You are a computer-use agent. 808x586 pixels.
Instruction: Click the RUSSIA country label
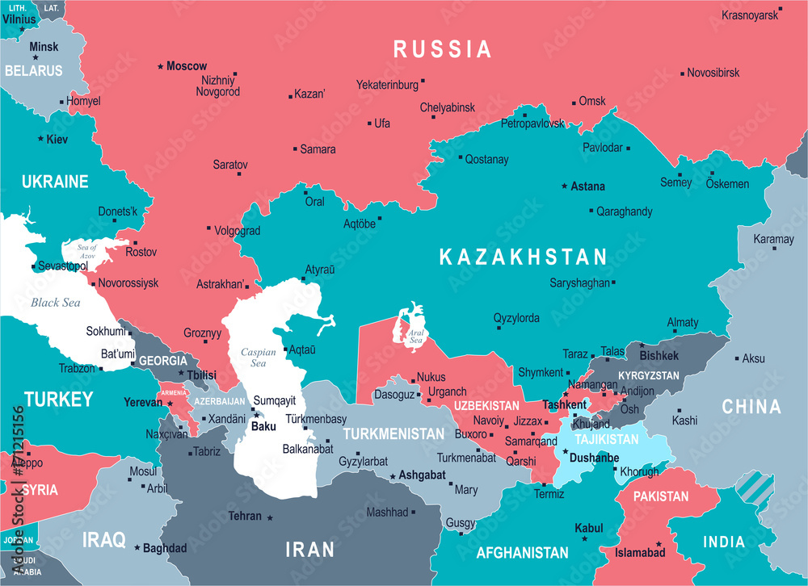click(442, 49)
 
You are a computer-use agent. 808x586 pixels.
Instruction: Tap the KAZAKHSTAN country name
click(523, 257)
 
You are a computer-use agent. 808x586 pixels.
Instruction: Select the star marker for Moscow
click(161, 65)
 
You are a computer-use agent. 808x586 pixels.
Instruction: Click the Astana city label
click(587, 186)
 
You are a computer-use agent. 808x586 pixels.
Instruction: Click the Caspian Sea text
click(259, 358)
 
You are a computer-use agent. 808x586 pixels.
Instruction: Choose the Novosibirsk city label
click(713, 73)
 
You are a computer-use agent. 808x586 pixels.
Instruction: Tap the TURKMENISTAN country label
click(393, 434)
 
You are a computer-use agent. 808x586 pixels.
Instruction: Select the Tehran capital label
click(245, 516)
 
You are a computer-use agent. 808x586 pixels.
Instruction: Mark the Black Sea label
click(56, 303)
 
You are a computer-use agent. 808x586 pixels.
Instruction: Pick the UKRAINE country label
click(55, 182)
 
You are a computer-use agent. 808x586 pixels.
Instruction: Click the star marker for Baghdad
click(137, 547)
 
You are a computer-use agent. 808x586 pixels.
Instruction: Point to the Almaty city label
click(683, 323)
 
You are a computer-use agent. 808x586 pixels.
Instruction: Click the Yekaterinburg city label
click(387, 84)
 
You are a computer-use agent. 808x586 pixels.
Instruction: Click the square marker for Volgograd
click(208, 228)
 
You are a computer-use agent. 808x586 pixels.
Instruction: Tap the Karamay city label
click(773, 239)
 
